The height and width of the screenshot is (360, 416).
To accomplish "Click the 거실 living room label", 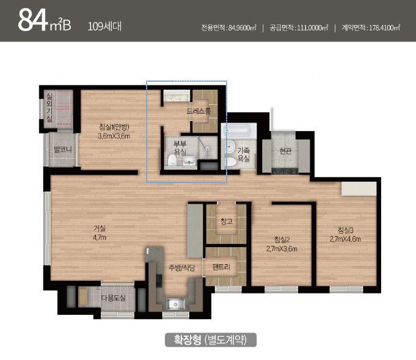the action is [100, 228].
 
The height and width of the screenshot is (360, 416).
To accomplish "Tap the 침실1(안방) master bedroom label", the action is [114, 127].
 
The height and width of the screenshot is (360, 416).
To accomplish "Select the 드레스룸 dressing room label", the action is [199, 111].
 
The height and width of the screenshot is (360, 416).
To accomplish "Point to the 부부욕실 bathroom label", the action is [180, 148].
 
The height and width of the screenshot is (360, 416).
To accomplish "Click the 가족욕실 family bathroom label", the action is [244, 154].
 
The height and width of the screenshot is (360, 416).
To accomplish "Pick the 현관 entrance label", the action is [285, 151].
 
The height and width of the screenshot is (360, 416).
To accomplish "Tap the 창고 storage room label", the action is [227, 221].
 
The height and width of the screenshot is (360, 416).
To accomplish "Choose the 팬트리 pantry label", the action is [221, 267].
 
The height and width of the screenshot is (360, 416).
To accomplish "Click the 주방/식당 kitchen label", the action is [182, 268].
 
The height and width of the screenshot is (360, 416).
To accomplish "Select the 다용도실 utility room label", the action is [113, 298].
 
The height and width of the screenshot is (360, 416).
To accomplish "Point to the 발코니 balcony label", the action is [63, 149].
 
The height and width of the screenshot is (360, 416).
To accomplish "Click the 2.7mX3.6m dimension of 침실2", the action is [282, 249].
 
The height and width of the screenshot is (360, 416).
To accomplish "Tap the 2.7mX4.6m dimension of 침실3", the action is [345, 239].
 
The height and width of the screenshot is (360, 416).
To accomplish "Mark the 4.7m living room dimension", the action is [100, 237].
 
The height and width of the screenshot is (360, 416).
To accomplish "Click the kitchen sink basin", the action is [175, 304].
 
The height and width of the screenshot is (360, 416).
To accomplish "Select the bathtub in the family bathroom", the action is [238, 131].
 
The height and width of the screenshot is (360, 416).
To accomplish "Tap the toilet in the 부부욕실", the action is [173, 160].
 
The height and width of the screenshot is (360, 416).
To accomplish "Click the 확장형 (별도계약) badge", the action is [211, 340].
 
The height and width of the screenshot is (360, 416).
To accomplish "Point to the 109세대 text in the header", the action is [104, 26].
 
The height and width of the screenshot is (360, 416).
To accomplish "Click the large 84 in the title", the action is [32, 20].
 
